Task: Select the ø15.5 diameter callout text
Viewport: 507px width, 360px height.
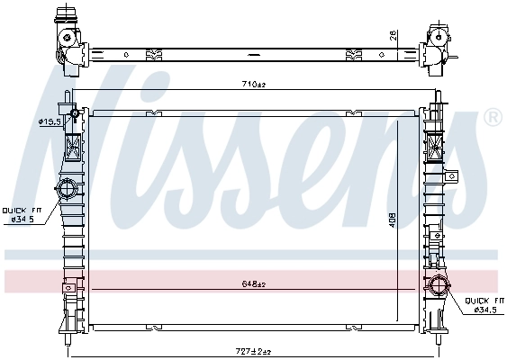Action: pos(49,121)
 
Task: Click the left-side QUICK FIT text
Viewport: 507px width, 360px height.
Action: pos(20,210)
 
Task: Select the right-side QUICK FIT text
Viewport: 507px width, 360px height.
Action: pos(483,301)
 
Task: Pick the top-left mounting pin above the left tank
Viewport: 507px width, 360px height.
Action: pos(67,96)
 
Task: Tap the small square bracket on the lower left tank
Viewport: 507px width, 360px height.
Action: pos(66,288)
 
